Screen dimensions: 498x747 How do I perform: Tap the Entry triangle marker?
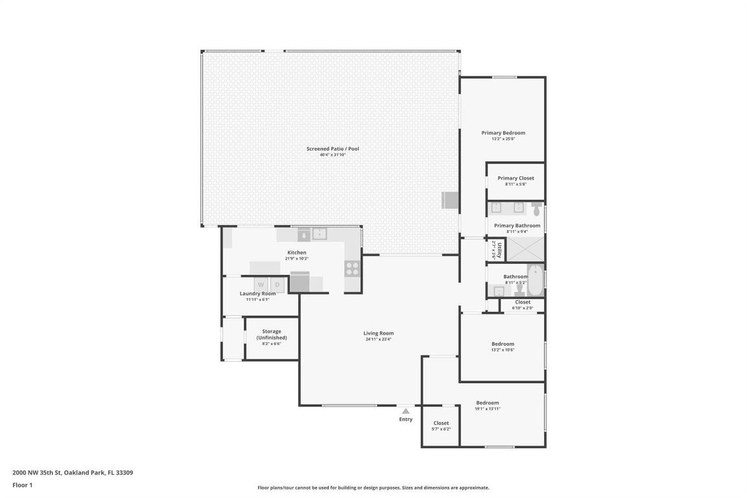405,410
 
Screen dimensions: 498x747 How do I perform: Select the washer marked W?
261,285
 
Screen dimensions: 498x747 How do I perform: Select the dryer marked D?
277,285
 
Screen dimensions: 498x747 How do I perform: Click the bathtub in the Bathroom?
536,279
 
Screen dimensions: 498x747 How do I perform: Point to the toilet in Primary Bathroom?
536,209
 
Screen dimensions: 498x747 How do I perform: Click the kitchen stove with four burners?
352,268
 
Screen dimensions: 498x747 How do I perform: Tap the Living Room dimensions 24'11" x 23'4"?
378,339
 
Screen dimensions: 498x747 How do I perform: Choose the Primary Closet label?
516,178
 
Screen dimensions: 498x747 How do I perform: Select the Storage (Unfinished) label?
271,335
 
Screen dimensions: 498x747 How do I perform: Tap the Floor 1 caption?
22,484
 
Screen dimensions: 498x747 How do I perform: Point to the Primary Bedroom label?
503,133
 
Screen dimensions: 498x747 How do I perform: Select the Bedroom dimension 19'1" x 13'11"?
488,409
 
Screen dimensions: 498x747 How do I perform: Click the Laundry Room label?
257,294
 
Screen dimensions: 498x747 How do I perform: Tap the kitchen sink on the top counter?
320,233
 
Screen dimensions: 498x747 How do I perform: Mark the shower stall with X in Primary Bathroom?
524,249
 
